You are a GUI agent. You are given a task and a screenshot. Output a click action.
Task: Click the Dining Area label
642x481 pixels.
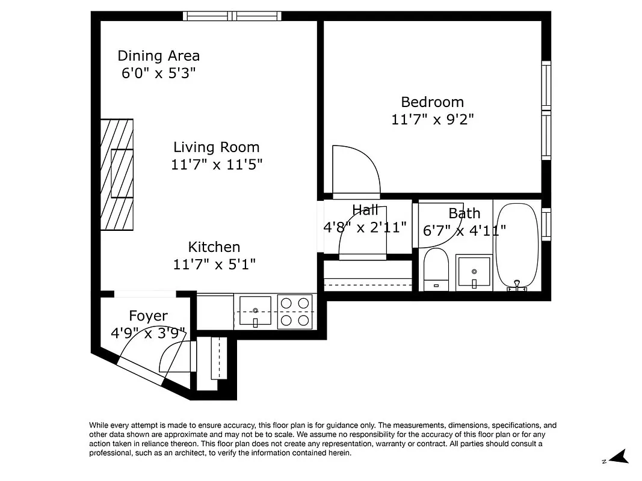click(x=158, y=56)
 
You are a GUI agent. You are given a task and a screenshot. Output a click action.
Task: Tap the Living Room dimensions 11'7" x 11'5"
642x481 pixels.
click(x=217, y=164)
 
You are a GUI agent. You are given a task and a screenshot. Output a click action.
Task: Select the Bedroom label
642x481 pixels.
click(x=432, y=102)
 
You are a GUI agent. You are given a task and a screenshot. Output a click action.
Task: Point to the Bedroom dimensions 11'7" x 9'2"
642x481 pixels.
click(x=432, y=119)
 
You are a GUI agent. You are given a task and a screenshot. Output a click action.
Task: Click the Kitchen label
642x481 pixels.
click(x=214, y=247)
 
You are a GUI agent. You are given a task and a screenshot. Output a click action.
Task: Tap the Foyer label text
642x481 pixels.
click(x=148, y=316)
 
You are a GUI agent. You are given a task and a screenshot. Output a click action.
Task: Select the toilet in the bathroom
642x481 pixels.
click(x=436, y=270)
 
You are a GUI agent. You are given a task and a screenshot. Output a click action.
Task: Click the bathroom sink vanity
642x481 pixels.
click(x=474, y=272)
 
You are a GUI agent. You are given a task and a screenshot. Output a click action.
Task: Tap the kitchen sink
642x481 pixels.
click(x=255, y=311)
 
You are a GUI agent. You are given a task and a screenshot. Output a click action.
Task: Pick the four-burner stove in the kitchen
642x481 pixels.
click(x=295, y=311)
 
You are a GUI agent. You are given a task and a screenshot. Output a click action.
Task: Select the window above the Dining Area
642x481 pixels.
click(x=232, y=16)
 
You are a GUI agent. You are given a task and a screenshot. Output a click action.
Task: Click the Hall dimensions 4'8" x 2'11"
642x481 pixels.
click(x=365, y=227)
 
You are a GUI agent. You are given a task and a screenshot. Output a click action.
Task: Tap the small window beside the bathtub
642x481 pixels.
click(x=546, y=224)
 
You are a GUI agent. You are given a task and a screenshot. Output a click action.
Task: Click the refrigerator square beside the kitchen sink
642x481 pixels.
click(x=215, y=311)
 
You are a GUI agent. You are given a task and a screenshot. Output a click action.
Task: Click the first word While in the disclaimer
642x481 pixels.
click(x=100, y=425)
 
